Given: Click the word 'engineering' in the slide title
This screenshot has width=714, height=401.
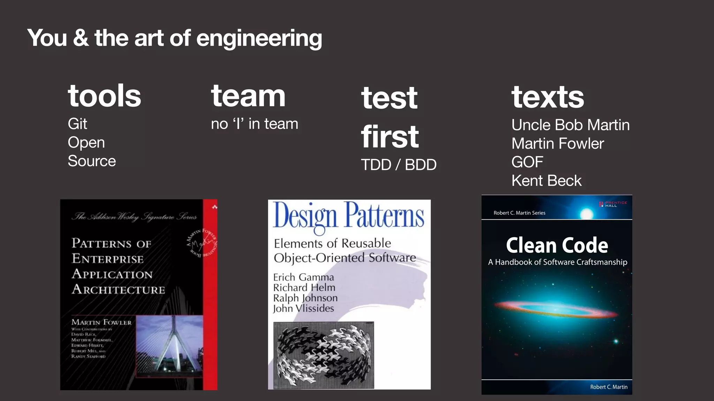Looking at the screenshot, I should (x=259, y=38).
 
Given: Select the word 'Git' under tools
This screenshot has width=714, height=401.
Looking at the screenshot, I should (x=77, y=124).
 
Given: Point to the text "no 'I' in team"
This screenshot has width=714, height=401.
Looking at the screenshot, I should (x=255, y=124).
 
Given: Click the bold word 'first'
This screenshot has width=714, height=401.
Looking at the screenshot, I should (x=390, y=137).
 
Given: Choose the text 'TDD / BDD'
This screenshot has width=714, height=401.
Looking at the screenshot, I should (x=398, y=165).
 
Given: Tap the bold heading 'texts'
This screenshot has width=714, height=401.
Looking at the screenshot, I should (x=547, y=97).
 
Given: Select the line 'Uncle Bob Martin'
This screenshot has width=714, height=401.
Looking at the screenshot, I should (x=570, y=125).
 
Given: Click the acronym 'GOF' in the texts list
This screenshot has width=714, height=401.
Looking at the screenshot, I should (x=527, y=162).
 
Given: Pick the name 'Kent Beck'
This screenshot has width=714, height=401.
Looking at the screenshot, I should (x=546, y=181).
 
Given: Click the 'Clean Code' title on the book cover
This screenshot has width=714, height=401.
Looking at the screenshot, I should (x=557, y=245).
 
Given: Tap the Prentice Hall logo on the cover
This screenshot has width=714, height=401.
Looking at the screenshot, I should (x=613, y=204).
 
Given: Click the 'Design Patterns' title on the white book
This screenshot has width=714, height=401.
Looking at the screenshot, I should (x=349, y=216).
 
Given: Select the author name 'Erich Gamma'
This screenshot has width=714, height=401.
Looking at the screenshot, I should (x=303, y=277).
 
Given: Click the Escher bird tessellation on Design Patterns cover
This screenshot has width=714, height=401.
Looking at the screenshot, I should (x=324, y=355).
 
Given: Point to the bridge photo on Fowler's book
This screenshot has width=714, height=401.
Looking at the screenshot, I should (x=169, y=346).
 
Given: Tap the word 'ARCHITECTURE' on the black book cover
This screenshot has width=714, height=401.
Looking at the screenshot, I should (x=118, y=290).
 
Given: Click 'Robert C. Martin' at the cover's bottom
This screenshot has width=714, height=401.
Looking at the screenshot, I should (x=608, y=387).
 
